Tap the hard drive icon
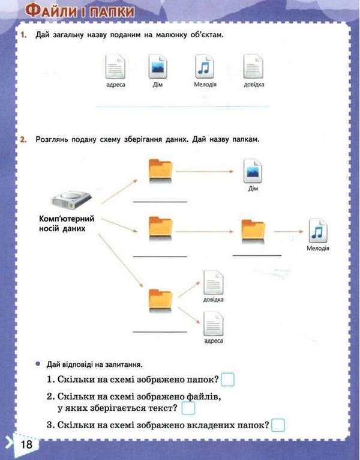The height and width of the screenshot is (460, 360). (x=70, y=197)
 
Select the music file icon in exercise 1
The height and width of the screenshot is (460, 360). (x=205, y=65)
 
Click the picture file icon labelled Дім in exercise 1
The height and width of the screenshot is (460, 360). (x=158, y=65)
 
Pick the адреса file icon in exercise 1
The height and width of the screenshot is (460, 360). (x=114, y=65)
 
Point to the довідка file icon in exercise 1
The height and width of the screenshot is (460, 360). (x=253, y=65)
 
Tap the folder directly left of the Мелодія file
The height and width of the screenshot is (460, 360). (x=253, y=230)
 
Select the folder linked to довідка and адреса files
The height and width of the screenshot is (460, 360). (x=160, y=299)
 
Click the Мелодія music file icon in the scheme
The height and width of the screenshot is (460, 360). (x=317, y=231)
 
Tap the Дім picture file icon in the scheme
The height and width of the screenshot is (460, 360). (x=252, y=172)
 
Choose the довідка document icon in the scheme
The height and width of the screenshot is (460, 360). (x=213, y=281)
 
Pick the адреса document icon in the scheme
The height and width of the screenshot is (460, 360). (x=213, y=324)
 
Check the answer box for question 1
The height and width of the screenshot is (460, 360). (x=227, y=380)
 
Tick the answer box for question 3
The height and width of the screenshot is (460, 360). (x=278, y=426)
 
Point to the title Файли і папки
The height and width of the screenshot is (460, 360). (x=80, y=11)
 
